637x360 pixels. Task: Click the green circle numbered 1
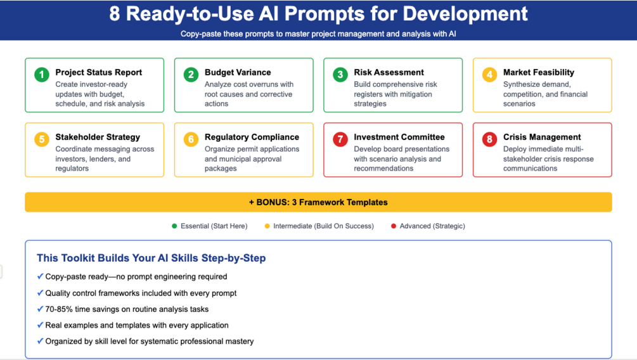point(42,75)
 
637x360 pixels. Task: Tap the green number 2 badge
point(191,75)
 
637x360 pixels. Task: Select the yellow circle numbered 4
point(489,75)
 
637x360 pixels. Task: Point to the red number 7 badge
point(340,139)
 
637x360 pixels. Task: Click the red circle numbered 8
point(489,139)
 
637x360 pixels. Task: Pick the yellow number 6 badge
point(191,139)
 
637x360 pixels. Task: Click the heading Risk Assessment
point(389,72)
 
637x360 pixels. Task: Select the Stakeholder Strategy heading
point(98,138)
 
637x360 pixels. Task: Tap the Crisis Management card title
point(542,138)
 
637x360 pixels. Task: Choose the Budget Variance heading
point(238,72)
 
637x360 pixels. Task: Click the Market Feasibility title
point(539,72)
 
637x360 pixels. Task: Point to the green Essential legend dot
point(174,226)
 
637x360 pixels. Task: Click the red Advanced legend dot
point(393,226)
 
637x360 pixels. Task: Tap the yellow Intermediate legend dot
point(267,226)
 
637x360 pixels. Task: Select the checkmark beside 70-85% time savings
point(40,309)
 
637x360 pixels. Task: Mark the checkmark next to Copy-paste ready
point(40,276)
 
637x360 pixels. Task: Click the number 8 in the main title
point(115,14)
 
